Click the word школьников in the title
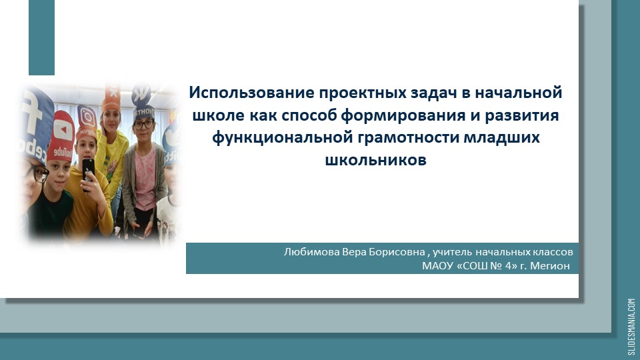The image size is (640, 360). click(375, 160)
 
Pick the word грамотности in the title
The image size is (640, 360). click(407, 137)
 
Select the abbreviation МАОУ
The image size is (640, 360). click(436, 265)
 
